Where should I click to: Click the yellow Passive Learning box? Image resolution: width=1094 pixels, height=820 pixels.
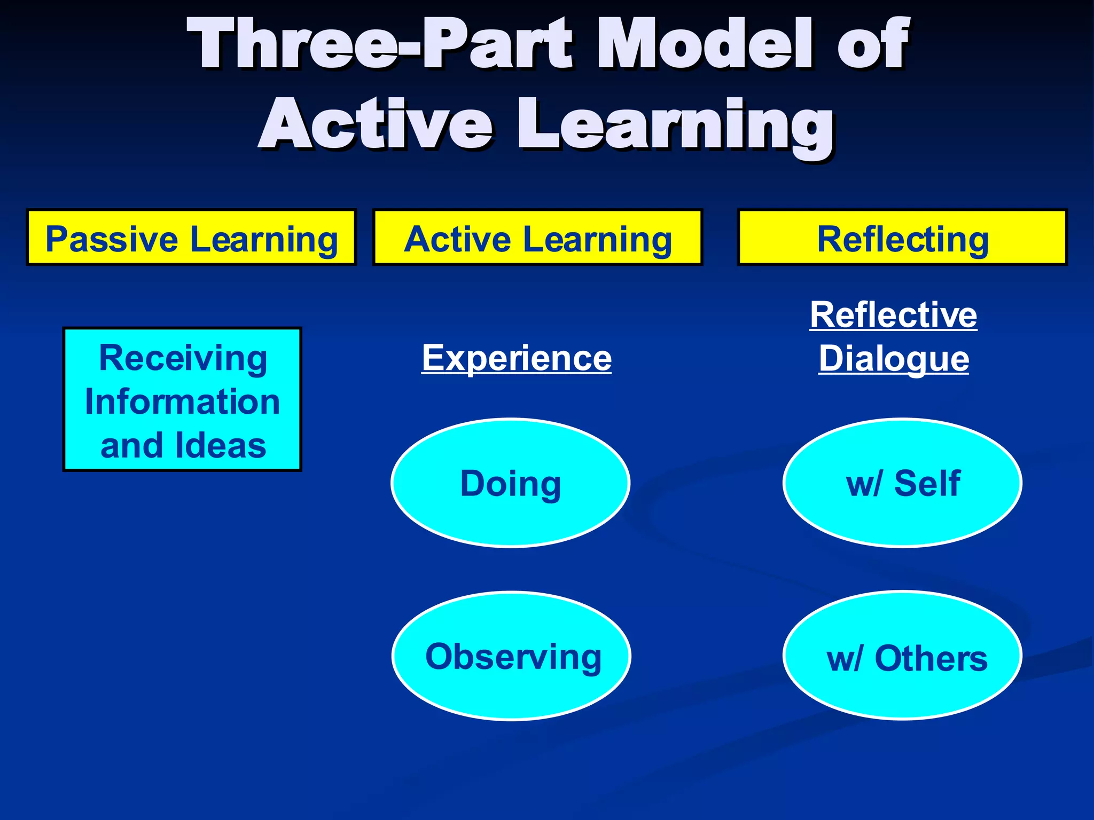click(x=191, y=238)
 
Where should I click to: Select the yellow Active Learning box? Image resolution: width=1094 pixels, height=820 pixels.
click(x=537, y=238)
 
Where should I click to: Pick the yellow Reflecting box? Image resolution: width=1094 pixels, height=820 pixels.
click(x=902, y=238)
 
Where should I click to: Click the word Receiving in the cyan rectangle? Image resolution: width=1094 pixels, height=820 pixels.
click(x=183, y=358)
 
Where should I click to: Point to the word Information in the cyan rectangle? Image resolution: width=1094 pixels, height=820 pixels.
click(x=183, y=401)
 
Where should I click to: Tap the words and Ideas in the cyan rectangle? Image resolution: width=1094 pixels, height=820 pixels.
click(x=183, y=446)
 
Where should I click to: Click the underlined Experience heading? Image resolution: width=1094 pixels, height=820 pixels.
click(x=516, y=358)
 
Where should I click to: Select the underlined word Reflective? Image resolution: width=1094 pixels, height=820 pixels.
click(x=893, y=315)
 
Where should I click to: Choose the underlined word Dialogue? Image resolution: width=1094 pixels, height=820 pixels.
click(x=893, y=359)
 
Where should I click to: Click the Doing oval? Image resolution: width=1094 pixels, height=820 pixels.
click(x=510, y=483)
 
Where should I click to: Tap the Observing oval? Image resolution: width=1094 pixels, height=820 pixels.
click(x=512, y=656)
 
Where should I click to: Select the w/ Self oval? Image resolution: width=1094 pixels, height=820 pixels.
click(x=902, y=483)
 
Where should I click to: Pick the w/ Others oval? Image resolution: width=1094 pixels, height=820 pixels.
click(x=902, y=656)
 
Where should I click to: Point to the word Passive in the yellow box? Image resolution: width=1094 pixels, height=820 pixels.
click(x=112, y=239)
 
